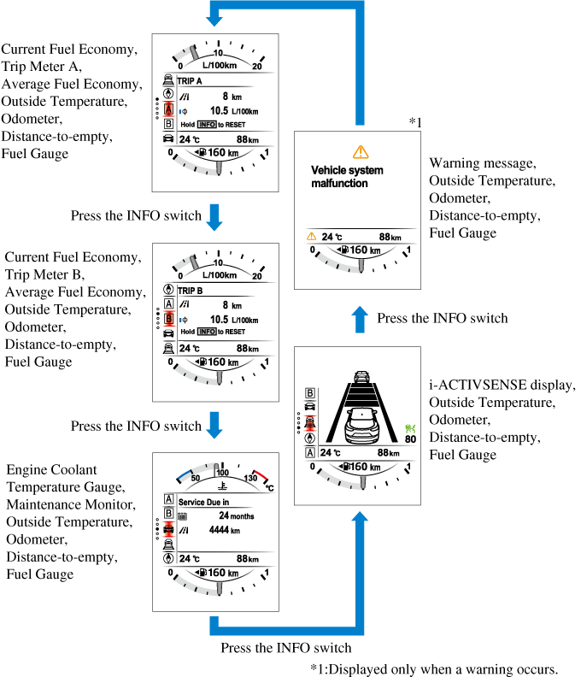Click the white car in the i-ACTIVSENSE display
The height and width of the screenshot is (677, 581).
pyautogui.click(x=361, y=422)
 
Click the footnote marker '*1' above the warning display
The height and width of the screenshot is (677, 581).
pyautogui.click(x=414, y=123)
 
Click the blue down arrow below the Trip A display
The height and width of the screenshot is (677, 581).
pyautogui.click(x=214, y=215)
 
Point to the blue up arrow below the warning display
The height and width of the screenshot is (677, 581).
pyautogui.click(x=360, y=318)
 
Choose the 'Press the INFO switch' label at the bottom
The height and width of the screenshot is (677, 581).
pyautogui.click(x=286, y=647)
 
